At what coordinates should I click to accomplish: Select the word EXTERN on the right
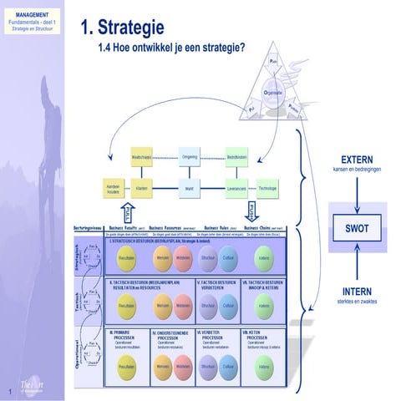click(x=357, y=159)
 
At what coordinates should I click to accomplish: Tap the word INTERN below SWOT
click(x=357, y=292)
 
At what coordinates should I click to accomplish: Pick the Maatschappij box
click(x=142, y=156)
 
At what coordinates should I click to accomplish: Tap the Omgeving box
click(x=190, y=156)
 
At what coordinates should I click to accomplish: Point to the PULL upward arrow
click(x=127, y=211)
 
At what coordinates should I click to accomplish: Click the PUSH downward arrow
click(x=251, y=211)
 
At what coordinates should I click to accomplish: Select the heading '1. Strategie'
click(x=122, y=28)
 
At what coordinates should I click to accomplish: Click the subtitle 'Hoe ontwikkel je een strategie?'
click(x=180, y=48)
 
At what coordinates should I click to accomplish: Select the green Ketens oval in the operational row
click(x=264, y=368)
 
